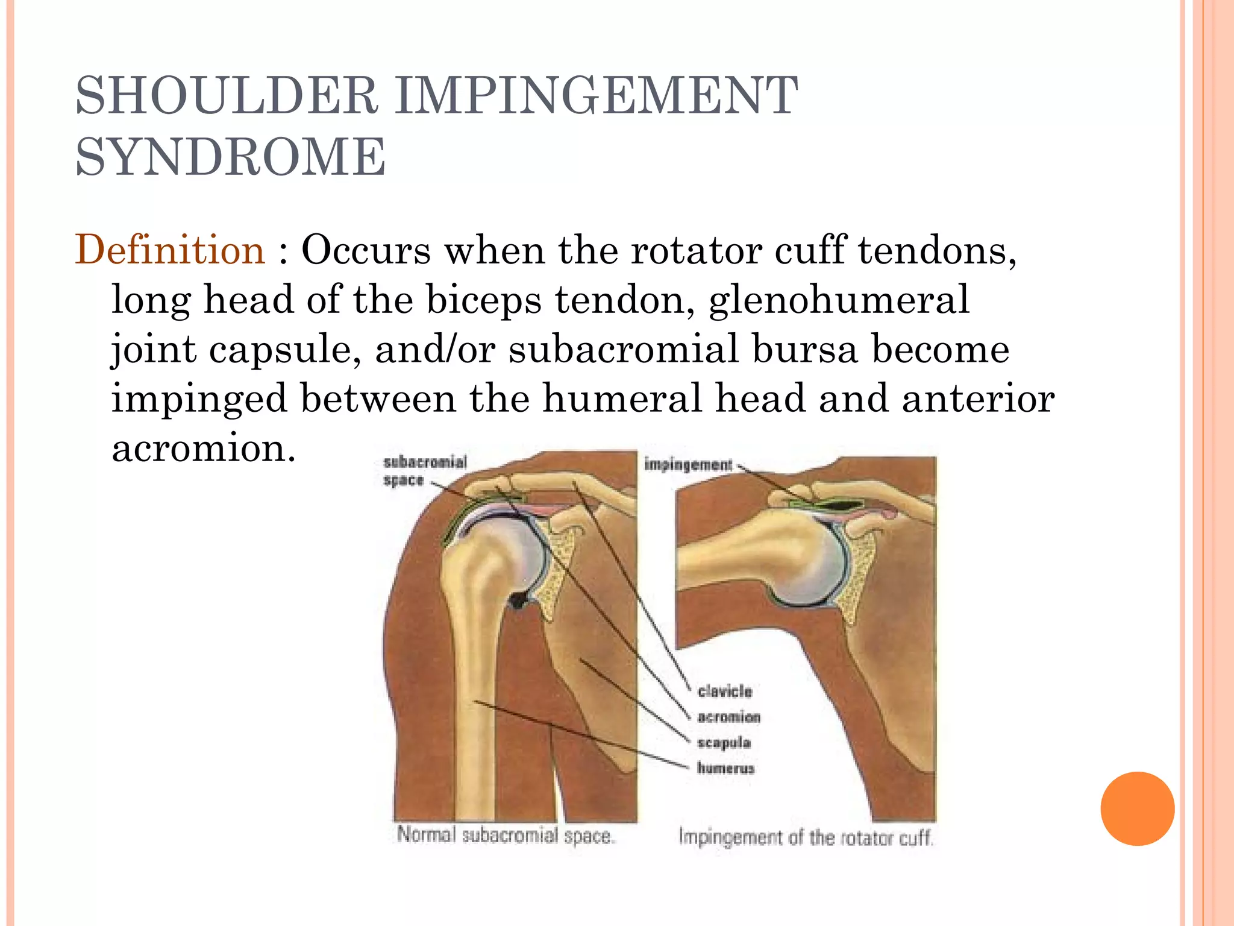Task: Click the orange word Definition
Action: [170, 250]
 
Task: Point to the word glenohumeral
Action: [839, 300]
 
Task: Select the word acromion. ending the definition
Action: [204, 448]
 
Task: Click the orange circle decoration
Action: [1137, 808]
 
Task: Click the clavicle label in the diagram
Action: [725, 691]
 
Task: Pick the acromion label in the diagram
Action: [728, 717]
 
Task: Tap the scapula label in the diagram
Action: [724, 742]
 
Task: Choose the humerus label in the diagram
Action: [725, 768]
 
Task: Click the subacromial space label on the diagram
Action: [425, 471]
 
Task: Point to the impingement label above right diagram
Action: [688, 464]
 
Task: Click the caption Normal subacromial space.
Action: [505, 836]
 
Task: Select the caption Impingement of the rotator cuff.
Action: [806, 837]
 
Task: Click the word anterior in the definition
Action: [977, 398]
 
